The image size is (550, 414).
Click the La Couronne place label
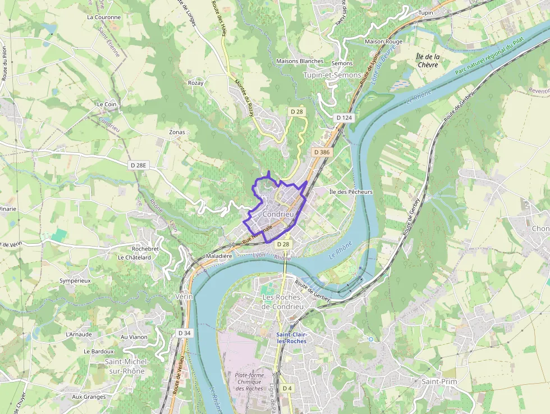104,17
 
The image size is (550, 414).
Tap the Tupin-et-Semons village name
333,75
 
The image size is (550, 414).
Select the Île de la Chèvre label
428,61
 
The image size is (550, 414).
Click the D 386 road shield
322,152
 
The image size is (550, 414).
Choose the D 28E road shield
137,165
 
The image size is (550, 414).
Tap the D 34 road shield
185,333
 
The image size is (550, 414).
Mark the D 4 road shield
287,388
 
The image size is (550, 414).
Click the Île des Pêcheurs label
351,192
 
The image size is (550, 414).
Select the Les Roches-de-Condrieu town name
283,302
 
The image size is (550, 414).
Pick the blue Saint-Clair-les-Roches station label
291,338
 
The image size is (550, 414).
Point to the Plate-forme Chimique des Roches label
250,381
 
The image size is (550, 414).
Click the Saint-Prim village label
439,382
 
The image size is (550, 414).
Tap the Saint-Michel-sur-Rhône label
125,366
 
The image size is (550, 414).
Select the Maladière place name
219,256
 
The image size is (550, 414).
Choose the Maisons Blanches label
300,61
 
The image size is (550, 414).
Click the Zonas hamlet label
177,133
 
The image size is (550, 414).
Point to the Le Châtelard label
134,257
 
